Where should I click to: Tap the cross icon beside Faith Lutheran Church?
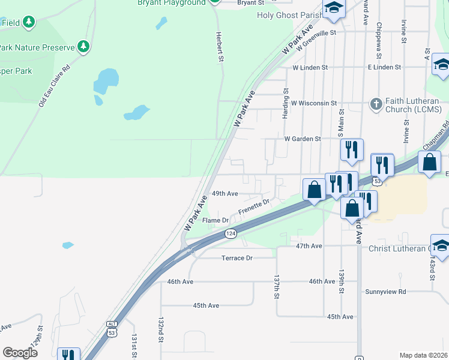(376, 104)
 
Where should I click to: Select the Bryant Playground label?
(171, 3)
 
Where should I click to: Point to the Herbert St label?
(220, 47)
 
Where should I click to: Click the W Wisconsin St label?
(313, 103)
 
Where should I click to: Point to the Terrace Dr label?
(237, 257)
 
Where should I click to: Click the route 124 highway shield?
(231, 233)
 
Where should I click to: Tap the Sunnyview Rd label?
(385, 292)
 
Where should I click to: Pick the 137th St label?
(277, 288)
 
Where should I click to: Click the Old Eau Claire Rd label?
(55, 86)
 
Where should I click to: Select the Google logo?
(20, 352)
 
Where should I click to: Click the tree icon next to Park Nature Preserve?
(84, 46)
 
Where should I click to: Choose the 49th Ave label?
(225, 194)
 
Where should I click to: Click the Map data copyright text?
(423, 355)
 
